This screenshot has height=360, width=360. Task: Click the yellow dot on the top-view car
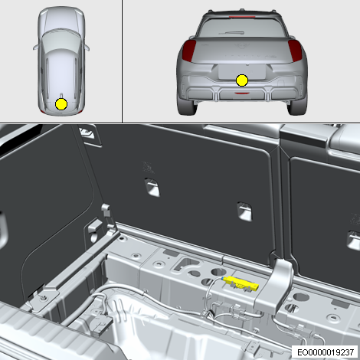61,104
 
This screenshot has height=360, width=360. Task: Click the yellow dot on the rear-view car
242,80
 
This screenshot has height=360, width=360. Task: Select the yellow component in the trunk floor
241,283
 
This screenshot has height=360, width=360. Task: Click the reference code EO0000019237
326,352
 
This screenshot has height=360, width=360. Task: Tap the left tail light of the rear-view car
189,51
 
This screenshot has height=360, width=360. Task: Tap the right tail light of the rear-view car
295,51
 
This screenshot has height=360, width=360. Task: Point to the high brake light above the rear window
242,17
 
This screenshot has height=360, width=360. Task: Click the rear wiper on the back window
231,33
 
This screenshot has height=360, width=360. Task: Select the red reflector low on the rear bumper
242,93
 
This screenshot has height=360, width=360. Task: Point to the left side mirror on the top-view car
35,47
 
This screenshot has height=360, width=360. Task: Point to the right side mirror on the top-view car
87,47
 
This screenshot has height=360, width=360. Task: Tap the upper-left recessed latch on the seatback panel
152,187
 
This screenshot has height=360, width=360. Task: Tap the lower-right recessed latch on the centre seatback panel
244,211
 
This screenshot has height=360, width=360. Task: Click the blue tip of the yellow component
224,278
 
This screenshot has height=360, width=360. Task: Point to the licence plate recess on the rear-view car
241,72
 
